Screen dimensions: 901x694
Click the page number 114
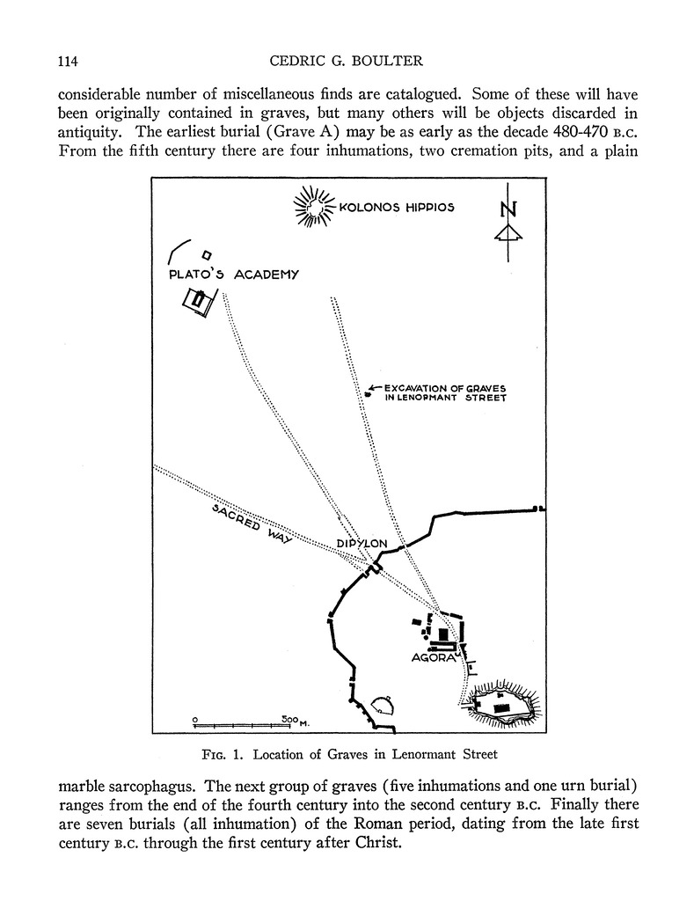coord(68,61)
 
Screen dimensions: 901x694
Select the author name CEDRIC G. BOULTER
coord(347,61)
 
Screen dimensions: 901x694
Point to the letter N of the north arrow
coord(508,209)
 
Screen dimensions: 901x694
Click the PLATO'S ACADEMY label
coord(234,275)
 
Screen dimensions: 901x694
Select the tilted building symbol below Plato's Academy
coord(198,300)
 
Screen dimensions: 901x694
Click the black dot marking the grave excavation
coord(368,396)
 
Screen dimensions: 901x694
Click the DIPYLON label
coord(362,544)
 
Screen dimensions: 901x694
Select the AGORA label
coord(431,657)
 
